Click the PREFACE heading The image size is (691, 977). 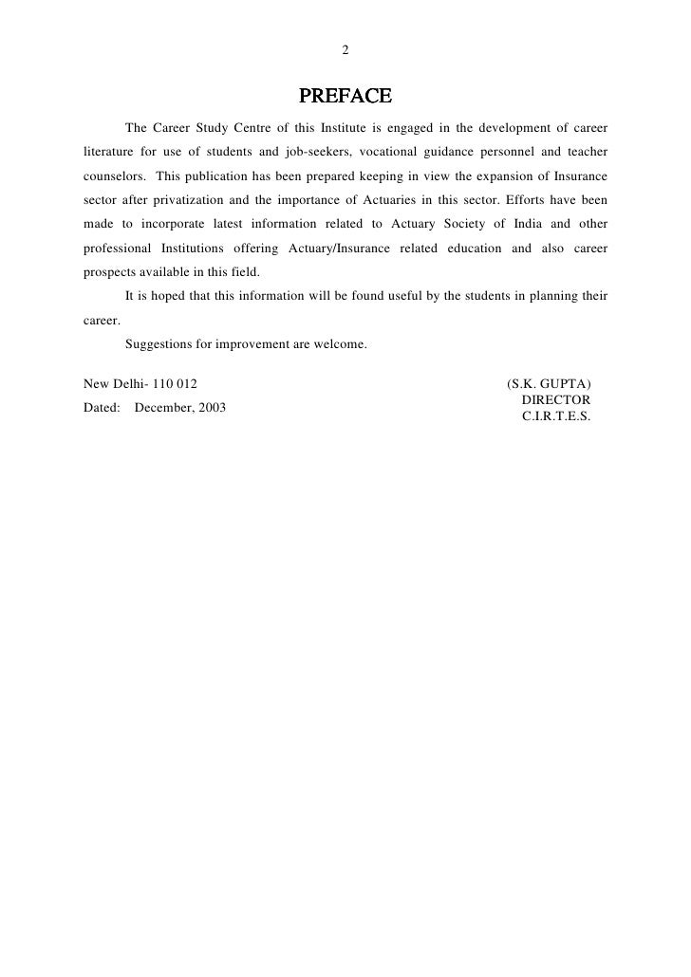point(345,97)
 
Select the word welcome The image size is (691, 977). point(341,344)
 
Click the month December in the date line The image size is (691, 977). point(167,408)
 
